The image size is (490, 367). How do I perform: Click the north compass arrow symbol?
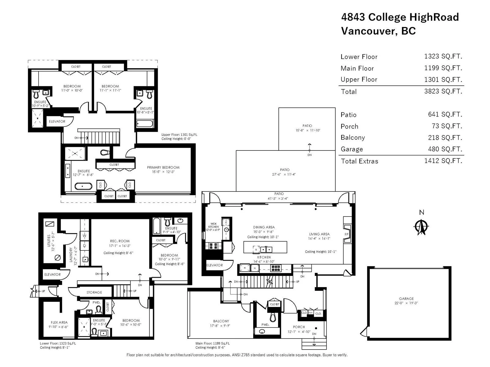pos(421,227)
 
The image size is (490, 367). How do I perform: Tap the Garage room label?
pos(406,298)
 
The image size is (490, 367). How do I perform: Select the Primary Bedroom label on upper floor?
pos(163,167)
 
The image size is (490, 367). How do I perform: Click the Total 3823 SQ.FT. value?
pos(443,91)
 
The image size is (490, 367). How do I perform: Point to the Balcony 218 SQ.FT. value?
pos(445,138)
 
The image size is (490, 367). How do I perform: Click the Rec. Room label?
pos(120,241)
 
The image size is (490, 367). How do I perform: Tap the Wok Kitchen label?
pos(213,225)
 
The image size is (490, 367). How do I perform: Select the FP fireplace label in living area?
pos(346,234)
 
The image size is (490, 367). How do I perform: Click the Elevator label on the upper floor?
pos(57,121)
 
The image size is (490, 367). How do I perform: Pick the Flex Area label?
pos(59,322)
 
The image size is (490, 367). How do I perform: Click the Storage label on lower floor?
pos(94,292)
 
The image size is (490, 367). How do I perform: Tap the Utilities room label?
pos(49,240)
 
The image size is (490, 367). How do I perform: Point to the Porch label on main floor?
pos(299,327)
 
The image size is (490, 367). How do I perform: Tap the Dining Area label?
pos(264,227)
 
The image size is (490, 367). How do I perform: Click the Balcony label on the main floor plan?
pos(221,321)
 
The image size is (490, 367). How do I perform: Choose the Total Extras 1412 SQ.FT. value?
pos(443,161)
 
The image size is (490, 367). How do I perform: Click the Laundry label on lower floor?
pos(71,255)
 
